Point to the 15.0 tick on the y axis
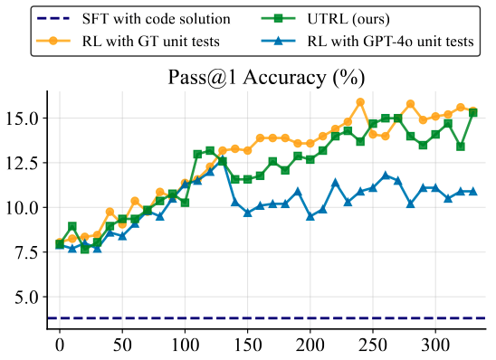point(24,118)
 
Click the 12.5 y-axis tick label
point(24,163)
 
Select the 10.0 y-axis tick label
point(24,207)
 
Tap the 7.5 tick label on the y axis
point(30,251)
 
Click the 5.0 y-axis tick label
point(30,296)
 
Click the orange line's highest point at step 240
point(360,102)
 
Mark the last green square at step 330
point(472,113)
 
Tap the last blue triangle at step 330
point(472,192)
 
